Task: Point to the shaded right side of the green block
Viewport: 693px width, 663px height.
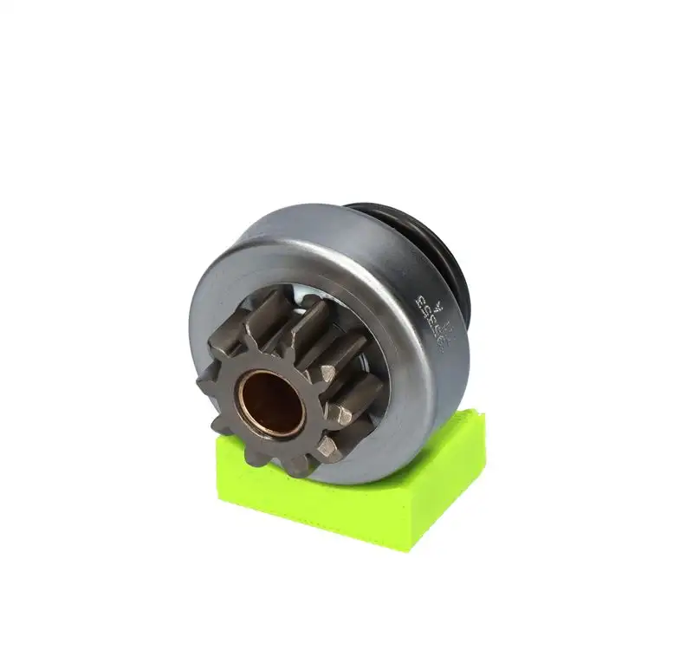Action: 451,495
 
